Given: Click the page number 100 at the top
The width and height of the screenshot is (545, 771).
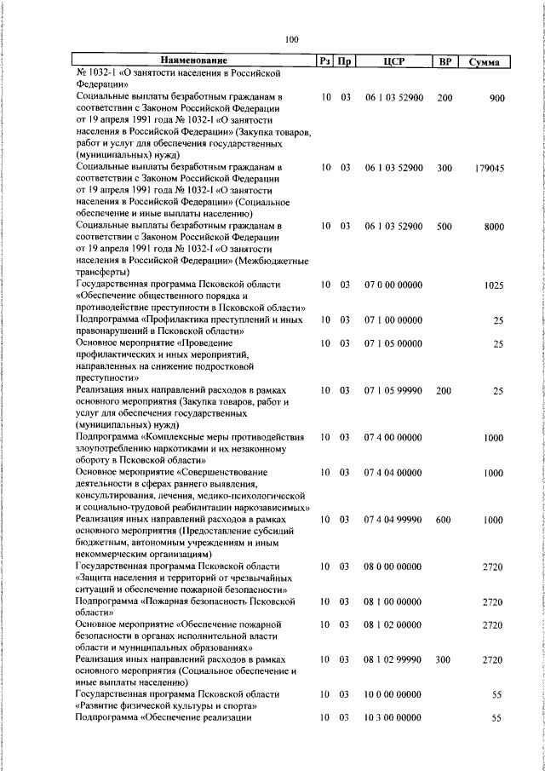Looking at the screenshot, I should tap(292, 38).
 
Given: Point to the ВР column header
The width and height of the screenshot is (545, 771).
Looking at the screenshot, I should tap(445, 61).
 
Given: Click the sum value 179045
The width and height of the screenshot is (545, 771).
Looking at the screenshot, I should tap(490, 169).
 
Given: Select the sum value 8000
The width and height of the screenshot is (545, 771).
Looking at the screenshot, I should tap(494, 227).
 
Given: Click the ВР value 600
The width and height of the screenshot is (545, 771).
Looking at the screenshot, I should tap(445, 519).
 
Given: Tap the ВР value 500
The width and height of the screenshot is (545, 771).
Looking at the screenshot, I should tap(445, 227).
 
